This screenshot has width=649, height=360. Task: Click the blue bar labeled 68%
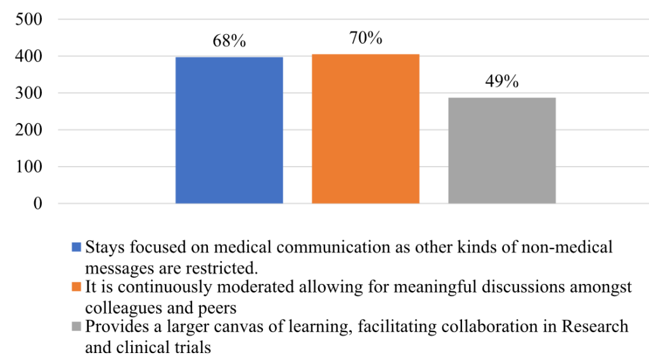[229, 130]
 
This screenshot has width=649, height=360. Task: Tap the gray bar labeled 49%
[502, 150]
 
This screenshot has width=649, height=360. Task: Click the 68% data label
[229, 42]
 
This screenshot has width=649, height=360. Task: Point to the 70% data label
[366, 38]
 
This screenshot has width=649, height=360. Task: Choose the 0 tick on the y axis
[37, 203]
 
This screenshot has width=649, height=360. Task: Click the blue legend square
[77, 247]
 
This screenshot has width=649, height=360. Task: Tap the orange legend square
[77, 287]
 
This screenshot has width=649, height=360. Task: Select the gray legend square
[77, 327]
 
